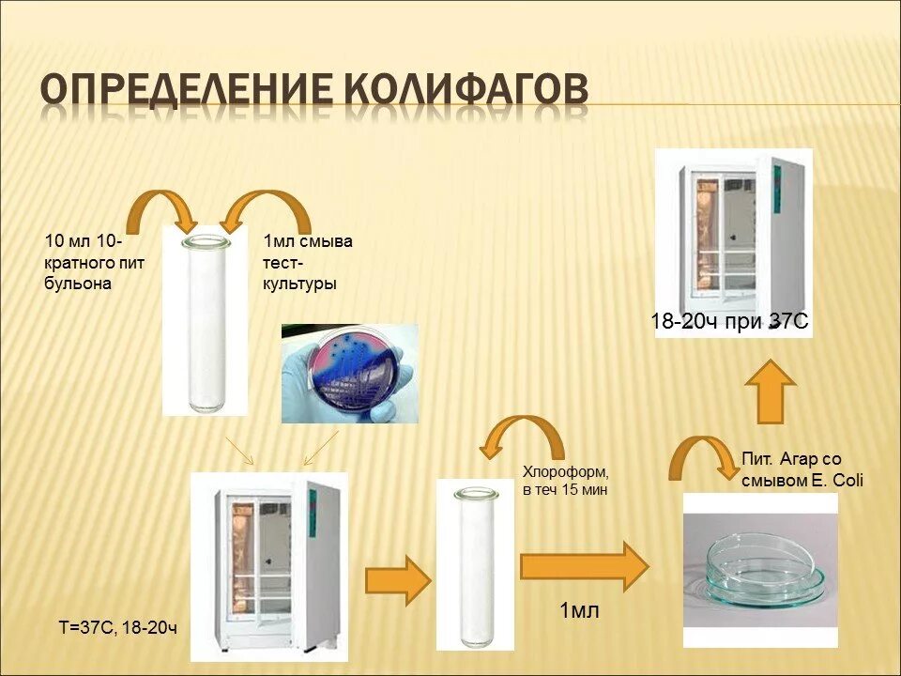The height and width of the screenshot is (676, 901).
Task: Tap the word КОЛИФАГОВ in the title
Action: pyautogui.click(x=466, y=92)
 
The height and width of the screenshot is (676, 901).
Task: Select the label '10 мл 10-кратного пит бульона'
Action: pyautogui.click(x=94, y=263)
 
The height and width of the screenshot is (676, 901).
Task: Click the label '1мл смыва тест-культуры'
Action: pyautogui.click(x=309, y=263)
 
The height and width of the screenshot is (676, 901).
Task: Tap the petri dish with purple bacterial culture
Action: pyautogui.click(x=350, y=374)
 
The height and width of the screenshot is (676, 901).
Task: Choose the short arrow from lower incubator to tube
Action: pyautogui.click(x=397, y=579)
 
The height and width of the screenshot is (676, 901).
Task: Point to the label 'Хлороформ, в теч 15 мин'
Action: pyautogui.click(x=566, y=479)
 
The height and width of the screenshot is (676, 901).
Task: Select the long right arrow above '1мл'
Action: pyautogui.click(x=584, y=566)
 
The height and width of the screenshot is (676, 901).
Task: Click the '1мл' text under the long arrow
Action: pyautogui.click(x=579, y=611)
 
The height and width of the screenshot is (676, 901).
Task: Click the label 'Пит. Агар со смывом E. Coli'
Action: pyautogui.click(x=802, y=470)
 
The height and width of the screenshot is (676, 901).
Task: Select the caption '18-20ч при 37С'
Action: pyautogui.click(x=729, y=321)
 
